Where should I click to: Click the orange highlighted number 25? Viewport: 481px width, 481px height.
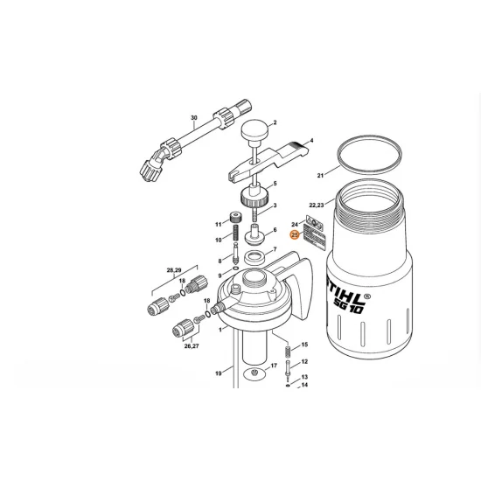pos(295,235)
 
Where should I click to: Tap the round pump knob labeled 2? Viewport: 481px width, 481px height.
pos(254,130)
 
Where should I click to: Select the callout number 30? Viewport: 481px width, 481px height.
pos(194,118)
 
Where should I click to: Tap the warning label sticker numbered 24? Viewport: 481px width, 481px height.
pos(315,222)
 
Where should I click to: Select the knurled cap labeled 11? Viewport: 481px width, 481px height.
pos(235,218)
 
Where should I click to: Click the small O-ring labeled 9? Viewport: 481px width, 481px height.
pos(235,268)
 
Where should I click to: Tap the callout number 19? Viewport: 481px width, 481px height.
pos(218,373)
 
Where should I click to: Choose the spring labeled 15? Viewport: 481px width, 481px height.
pos(288,352)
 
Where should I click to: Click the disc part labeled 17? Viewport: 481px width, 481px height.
pos(254,373)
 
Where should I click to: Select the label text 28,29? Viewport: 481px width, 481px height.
pos(174,270)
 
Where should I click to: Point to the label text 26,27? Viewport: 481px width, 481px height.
pos(192,346)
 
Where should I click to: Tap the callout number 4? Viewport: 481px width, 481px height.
pos(311,141)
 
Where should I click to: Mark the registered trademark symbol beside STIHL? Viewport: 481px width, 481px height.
pos(367,296)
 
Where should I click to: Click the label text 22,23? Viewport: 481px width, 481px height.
pos(317,205)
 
